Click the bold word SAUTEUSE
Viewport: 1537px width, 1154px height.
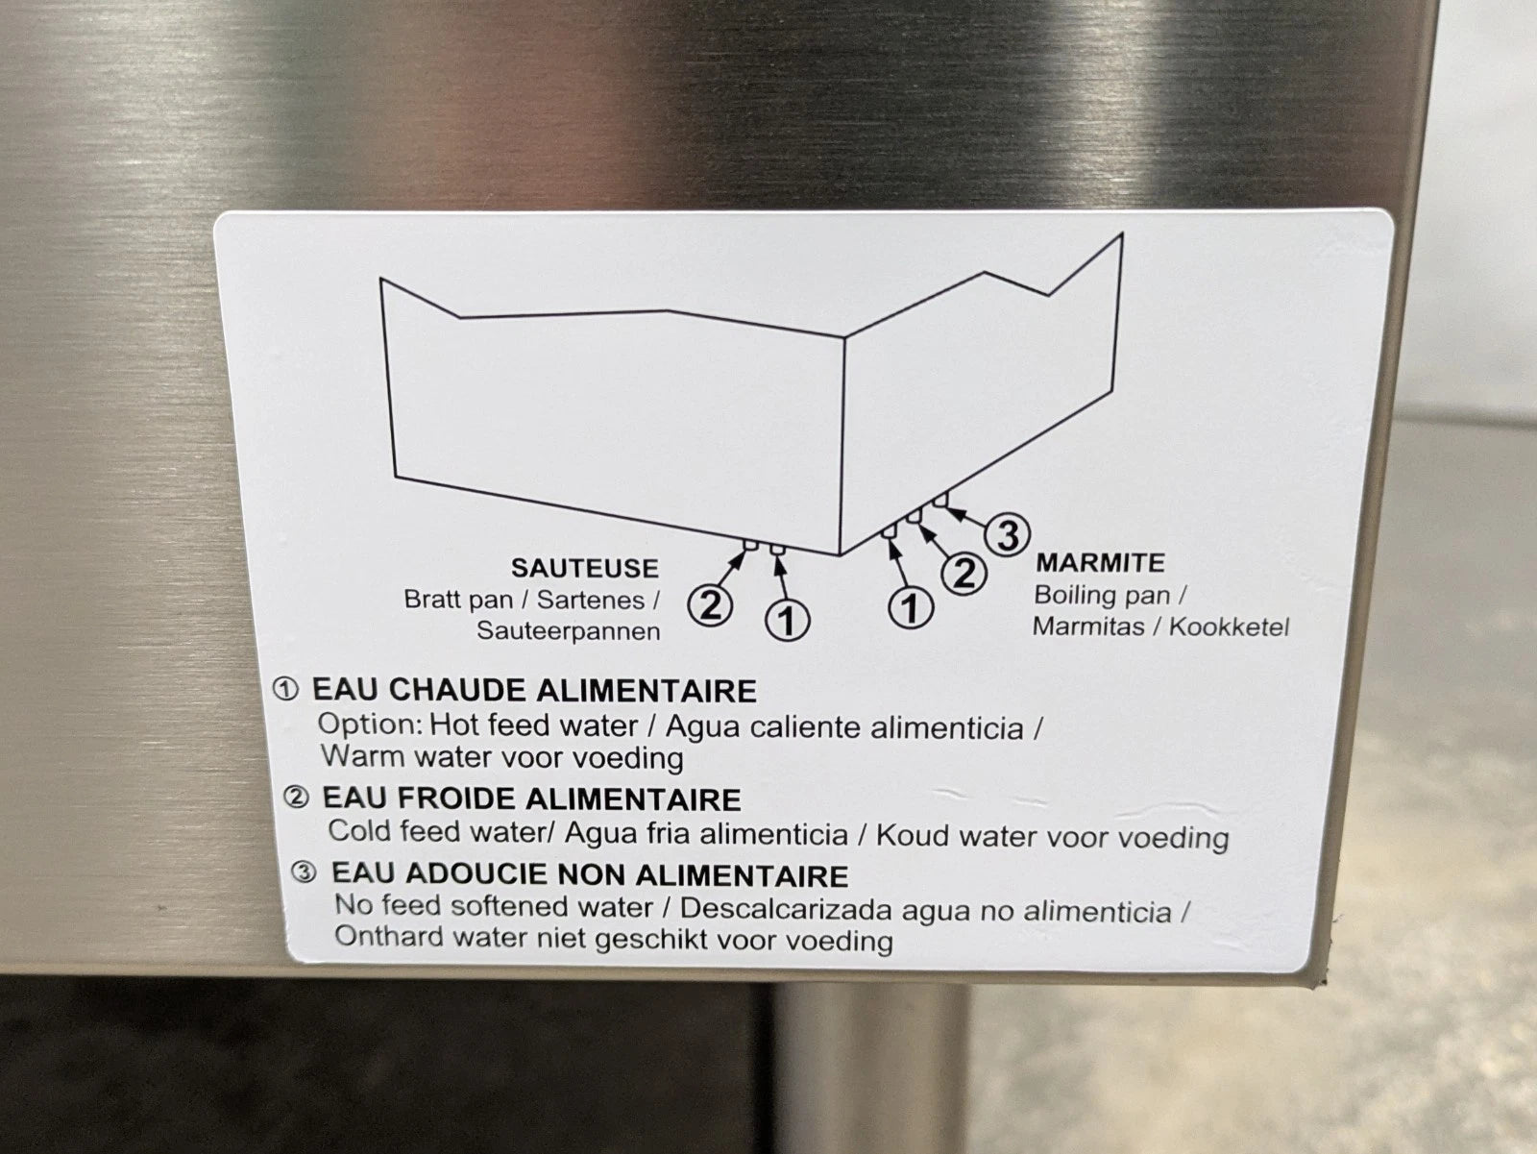(585, 568)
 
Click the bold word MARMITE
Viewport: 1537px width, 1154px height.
(1100, 562)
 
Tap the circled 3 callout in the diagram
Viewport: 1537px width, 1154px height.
(1007, 536)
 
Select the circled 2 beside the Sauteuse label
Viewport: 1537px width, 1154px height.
(710, 605)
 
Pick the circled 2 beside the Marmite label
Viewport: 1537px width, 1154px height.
(964, 574)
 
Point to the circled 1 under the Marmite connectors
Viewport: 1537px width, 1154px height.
(911, 606)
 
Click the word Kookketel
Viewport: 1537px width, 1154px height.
(1229, 626)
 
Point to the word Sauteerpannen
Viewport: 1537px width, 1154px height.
(568, 631)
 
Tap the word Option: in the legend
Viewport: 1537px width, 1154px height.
(370, 724)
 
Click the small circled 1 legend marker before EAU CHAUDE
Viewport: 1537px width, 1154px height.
(285, 689)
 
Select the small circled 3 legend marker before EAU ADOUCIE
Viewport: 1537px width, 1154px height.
(304, 872)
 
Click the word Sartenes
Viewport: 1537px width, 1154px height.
(590, 601)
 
